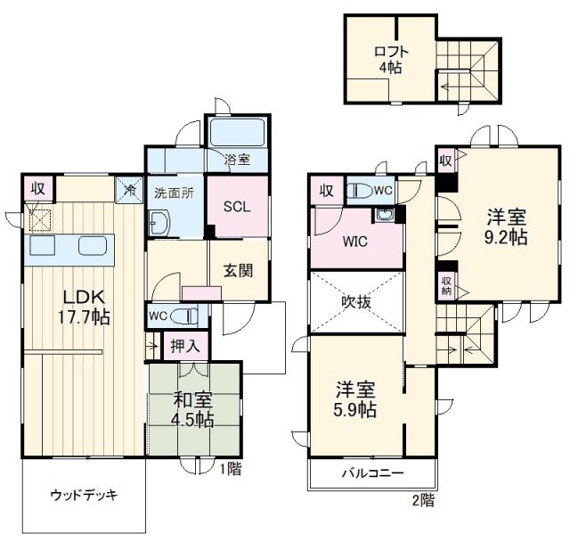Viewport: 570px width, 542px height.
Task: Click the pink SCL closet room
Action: [x=236, y=207]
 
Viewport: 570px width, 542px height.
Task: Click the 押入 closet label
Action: [x=184, y=343]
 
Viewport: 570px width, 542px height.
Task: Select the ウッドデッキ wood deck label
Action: [x=85, y=493]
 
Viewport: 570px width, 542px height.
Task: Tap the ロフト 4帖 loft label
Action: [x=392, y=59]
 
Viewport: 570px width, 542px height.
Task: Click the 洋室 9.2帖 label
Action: [x=506, y=226]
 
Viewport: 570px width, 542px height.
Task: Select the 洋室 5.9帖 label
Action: [x=355, y=400]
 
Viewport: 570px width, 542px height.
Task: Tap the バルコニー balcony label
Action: [x=372, y=473]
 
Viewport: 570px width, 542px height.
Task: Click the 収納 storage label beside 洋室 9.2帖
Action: [x=445, y=284]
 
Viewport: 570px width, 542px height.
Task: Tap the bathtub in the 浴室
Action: [x=235, y=135]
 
